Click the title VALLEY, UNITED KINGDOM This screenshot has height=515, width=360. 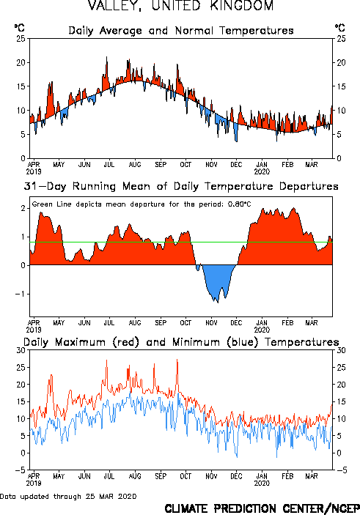(x=180, y=6)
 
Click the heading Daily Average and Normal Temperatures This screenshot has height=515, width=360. (x=181, y=31)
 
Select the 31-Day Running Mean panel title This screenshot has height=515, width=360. (x=181, y=186)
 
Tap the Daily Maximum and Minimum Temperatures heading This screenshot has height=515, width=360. (x=181, y=342)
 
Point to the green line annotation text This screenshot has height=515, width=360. (x=142, y=204)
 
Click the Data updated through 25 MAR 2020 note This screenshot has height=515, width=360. (x=68, y=496)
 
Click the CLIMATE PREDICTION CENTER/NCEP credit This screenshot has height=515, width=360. (x=262, y=508)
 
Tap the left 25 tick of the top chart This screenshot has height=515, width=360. (x=21, y=38)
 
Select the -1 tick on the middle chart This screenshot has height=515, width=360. (x=20, y=294)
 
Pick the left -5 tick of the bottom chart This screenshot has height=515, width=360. (x=20, y=470)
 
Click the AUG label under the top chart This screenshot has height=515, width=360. (x=135, y=164)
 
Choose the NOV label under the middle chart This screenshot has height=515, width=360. (x=211, y=322)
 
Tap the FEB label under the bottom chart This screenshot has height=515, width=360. (x=287, y=476)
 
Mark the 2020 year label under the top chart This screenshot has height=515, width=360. (x=262, y=171)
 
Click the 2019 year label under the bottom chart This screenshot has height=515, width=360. (x=34, y=483)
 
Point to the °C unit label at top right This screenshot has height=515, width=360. (x=340, y=27)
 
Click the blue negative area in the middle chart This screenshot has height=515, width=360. (x=216, y=279)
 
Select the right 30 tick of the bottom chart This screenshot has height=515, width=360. (x=341, y=350)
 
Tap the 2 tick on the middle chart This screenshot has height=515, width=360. (x=23, y=208)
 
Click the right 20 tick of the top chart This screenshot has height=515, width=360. (x=341, y=62)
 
